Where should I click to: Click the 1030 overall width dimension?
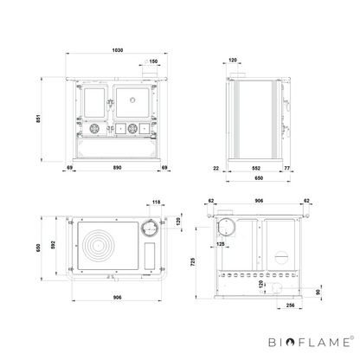118,50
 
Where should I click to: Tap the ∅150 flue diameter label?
151,61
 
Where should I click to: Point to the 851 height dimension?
38,119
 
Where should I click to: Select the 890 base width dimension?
117,168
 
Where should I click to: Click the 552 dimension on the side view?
256,168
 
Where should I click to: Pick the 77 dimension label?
287,168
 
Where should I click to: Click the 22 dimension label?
216,168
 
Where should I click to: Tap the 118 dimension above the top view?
156,202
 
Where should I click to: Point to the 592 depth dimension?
53,245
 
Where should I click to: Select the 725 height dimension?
193,262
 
